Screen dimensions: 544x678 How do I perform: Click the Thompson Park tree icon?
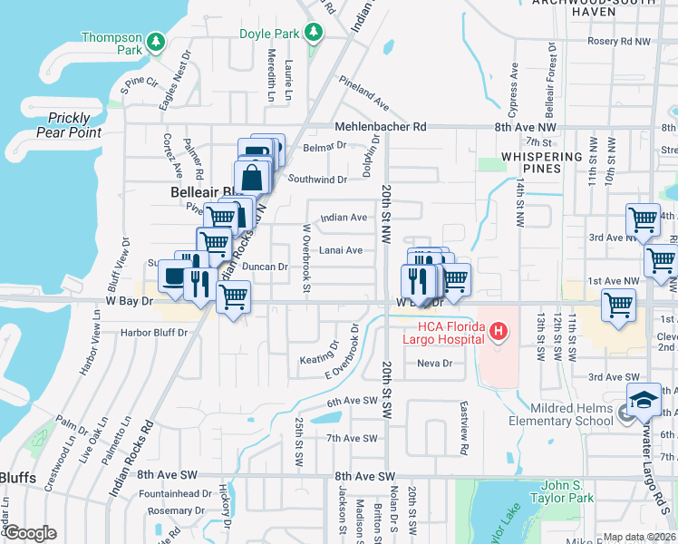[156, 41]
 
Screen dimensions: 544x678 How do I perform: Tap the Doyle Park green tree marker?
[314, 34]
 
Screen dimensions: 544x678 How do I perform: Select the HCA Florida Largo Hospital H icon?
[497, 334]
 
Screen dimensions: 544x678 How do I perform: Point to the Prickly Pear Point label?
[69, 125]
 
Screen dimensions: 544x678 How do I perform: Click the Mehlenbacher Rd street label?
[381, 127]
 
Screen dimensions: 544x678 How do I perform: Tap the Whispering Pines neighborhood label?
[542, 162]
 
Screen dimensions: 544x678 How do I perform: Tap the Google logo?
[30, 533]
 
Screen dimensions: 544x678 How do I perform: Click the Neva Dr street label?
[434, 364]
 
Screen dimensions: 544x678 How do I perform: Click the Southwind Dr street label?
[317, 180]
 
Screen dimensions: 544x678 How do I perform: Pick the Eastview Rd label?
[464, 429]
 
